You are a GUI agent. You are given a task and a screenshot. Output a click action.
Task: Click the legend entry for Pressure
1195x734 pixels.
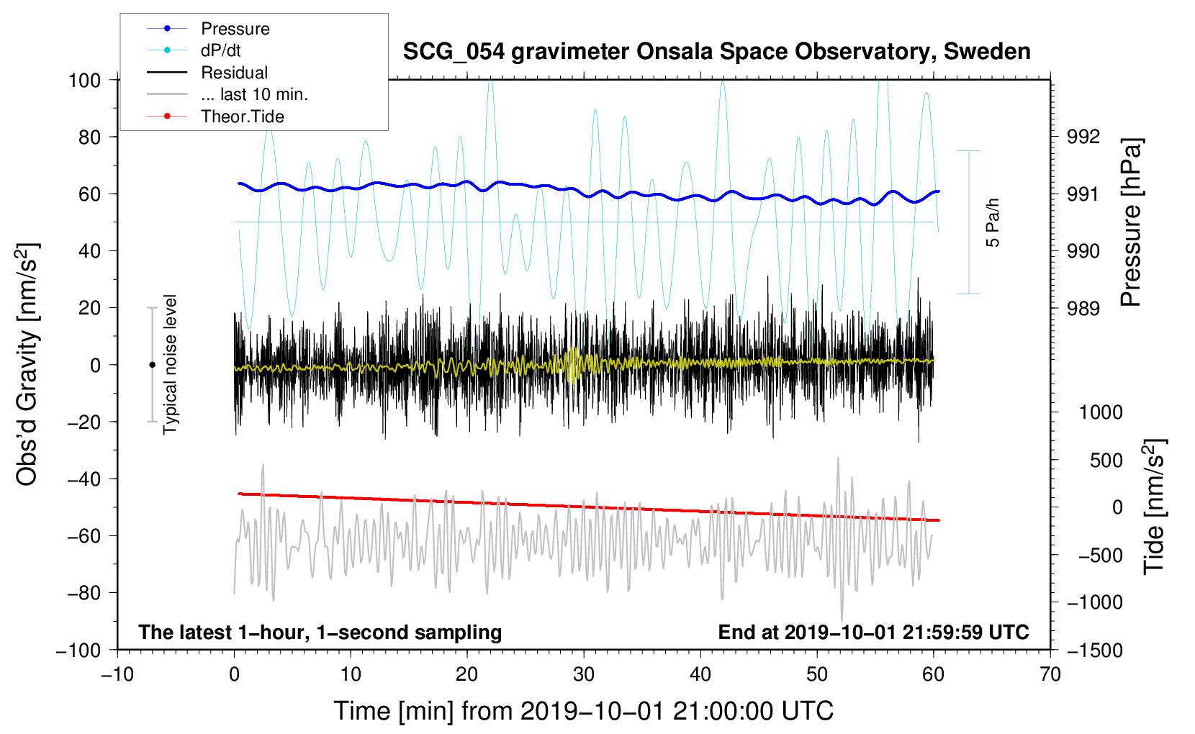(x=208, y=29)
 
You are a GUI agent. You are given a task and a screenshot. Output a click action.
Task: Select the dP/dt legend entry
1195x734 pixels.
(x=193, y=50)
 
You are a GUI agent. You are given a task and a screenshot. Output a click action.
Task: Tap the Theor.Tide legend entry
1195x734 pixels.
(x=215, y=117)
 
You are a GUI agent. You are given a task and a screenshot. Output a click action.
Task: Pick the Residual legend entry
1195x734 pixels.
(x=207, y=73)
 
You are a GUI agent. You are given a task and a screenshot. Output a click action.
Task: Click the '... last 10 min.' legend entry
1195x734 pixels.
(x=227, y=94)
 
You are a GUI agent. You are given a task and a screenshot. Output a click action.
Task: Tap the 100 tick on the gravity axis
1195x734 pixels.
(x=85, y=81)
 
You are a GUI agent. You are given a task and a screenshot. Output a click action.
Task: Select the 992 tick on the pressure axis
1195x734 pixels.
(x=1083, y=137)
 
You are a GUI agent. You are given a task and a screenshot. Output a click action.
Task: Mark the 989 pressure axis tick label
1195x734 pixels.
(x=1083, y=308)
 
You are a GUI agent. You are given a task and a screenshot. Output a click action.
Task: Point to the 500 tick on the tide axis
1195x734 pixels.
(x=1106, y=461)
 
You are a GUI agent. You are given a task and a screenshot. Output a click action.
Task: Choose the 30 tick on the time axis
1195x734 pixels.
(x=584, y=675)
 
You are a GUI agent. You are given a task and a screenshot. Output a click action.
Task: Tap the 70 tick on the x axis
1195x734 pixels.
(x=1050, y=675)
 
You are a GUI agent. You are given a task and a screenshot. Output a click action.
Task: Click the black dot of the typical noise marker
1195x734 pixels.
(x=152, y=365)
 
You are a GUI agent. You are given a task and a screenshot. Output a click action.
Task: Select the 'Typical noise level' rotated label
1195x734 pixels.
(x=170, y=364)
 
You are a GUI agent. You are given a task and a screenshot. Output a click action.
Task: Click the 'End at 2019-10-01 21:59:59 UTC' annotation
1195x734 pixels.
(x=873, y=632)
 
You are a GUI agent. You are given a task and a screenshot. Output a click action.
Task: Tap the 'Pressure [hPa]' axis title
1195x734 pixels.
(x=1131, y=222)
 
